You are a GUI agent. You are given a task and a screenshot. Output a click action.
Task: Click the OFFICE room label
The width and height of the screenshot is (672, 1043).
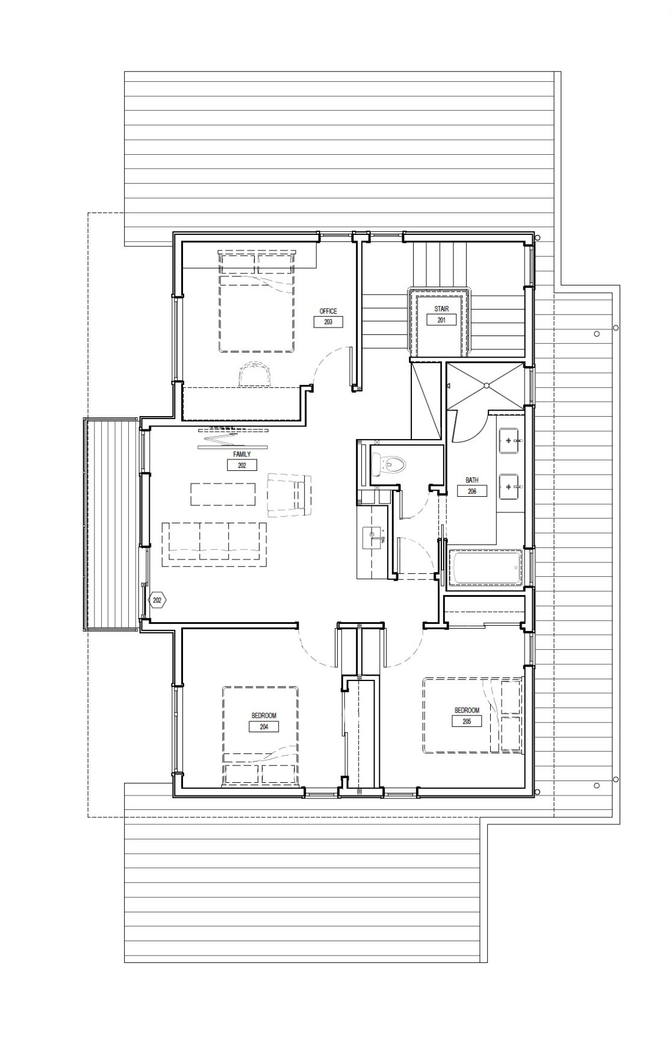[328, 311]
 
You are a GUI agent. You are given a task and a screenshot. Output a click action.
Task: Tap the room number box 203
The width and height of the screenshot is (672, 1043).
[328, 322]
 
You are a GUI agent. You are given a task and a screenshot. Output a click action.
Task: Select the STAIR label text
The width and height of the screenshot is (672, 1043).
[441, 309]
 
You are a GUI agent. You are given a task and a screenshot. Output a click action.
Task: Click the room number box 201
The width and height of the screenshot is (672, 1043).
[441, 320]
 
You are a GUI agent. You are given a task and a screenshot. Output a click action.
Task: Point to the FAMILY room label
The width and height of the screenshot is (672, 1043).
[241, 454]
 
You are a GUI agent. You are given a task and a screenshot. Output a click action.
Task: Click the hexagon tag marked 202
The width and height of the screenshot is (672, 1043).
[157, 600]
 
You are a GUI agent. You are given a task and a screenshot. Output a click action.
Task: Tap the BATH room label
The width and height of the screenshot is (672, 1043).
[472, 481]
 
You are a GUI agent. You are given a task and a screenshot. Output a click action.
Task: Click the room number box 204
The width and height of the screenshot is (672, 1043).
[264, 727]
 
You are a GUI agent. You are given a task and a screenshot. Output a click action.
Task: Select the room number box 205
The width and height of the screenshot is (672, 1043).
[467, 721]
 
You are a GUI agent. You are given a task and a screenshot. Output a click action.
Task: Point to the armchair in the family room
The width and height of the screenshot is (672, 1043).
[289, 494]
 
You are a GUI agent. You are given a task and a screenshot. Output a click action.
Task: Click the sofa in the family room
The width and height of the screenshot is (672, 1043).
[214, 544]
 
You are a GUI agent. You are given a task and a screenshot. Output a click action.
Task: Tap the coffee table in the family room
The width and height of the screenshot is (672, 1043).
[223, 494]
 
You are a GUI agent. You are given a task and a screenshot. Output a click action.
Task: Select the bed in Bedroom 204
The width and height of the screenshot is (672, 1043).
[260, 735]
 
